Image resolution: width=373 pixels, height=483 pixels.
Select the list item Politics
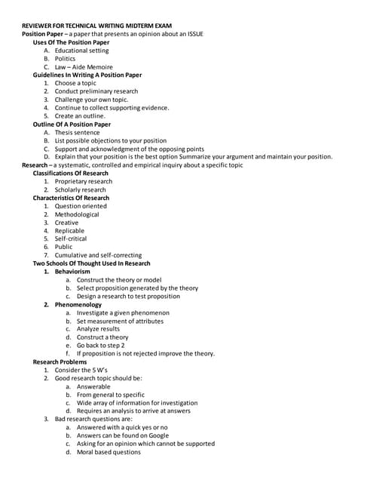(x=65, y=58)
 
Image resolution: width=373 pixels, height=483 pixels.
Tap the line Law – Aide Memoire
(x=82, y=66)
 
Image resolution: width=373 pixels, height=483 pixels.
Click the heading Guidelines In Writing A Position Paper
(x=87, y=75)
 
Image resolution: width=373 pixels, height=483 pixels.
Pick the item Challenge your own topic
(x=91, y=100)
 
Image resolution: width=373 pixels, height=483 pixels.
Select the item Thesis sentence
(x=77, y=132)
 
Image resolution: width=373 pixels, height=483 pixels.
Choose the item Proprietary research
(x=83, y=181)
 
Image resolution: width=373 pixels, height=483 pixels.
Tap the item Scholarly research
(x=80, y=189)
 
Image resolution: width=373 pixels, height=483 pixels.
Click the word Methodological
(x=77, y=214)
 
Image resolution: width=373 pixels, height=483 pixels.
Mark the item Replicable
(x=70, y=230)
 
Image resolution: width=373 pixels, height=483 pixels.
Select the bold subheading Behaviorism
(x=78, y=271)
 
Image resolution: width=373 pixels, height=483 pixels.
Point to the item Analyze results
(x=98, y=329)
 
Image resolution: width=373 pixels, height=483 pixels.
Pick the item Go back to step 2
(x=100, y=345)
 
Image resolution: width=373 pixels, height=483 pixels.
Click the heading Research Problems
(x=60, y=361)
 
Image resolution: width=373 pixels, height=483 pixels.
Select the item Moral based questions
(x=109, y=452)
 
